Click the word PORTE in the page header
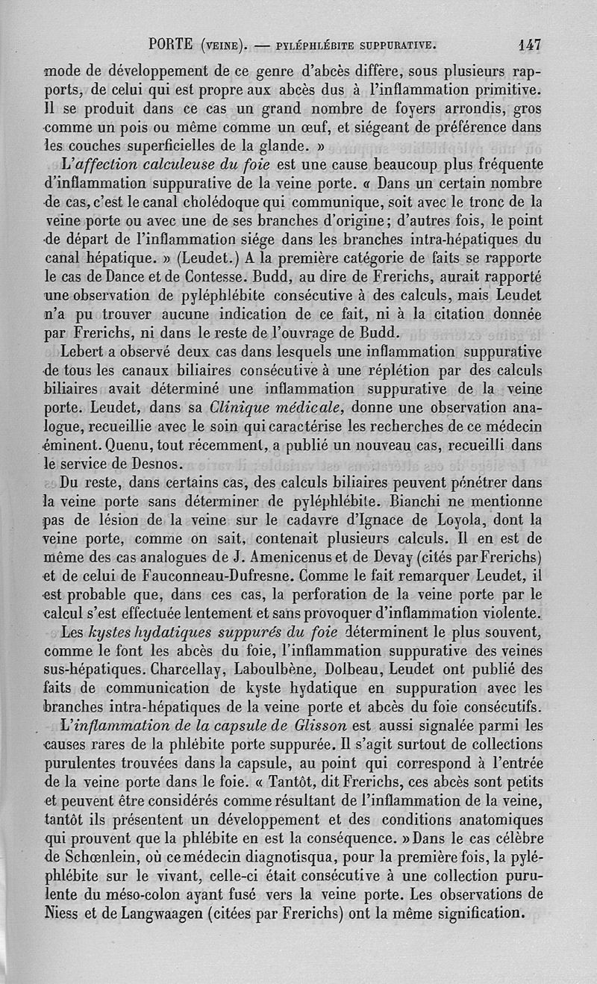coord(172,44)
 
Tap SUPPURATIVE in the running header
coord(394,45)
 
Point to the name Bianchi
coord(401,501)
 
